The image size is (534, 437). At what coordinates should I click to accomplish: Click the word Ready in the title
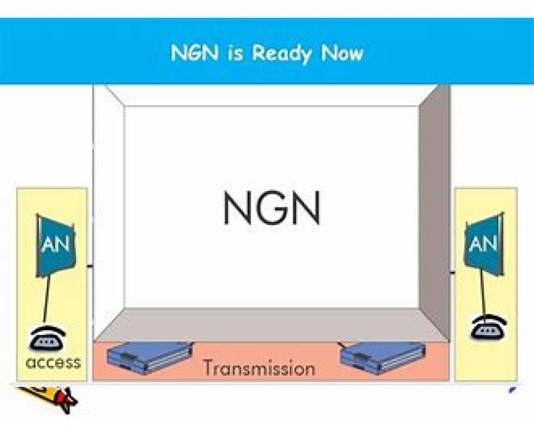(282, 54)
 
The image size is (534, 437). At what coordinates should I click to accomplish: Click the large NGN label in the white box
(271, 208)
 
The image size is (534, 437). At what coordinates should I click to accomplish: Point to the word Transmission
(259, 368)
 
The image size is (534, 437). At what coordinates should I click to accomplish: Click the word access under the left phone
(53, 362)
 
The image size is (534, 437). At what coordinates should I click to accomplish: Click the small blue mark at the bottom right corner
(512, 390)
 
